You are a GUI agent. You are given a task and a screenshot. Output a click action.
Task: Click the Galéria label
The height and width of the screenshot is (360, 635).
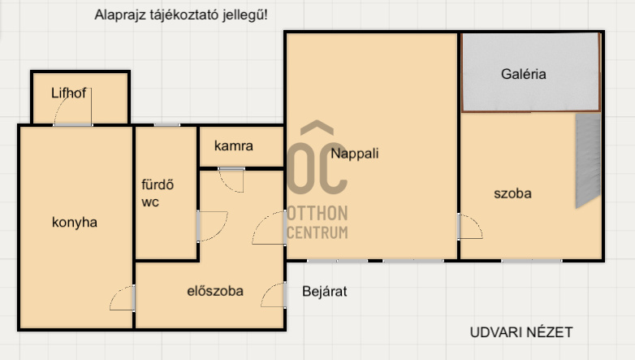tap(523, 74)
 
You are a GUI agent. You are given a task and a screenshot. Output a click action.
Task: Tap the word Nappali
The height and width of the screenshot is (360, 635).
tap(354, 154)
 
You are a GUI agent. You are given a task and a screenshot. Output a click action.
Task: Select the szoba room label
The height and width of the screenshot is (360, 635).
tap(512, 193)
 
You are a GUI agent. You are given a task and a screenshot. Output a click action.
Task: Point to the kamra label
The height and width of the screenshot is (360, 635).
tap(233, 145)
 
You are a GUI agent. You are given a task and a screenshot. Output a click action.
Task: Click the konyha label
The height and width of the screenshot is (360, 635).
tap(75, 222)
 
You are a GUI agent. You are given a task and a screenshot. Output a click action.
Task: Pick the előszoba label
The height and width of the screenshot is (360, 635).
tap(215, 291)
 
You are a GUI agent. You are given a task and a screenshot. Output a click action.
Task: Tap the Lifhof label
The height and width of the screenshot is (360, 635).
tap(68, 93)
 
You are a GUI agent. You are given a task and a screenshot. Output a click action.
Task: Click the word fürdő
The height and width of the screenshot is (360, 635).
tap(158, 184)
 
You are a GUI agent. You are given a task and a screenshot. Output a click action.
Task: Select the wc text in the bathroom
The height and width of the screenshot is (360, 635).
tap(150, 202)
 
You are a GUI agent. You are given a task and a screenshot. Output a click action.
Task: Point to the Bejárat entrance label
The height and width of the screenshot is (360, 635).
tap(324, 291)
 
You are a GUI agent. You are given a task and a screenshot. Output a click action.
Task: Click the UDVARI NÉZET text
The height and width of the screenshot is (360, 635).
tap(521, 332)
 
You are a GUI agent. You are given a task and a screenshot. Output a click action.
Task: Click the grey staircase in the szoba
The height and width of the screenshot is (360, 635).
tap(588, 161)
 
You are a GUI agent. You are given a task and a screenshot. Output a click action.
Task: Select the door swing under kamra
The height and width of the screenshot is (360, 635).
tap(231, 180)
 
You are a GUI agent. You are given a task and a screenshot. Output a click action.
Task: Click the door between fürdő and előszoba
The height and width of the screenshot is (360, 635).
tap(212, 226)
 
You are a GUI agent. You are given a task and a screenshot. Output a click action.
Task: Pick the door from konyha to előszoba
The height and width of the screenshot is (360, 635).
tap(123, 298)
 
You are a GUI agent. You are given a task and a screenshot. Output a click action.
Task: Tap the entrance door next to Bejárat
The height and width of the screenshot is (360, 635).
tap(274, 295)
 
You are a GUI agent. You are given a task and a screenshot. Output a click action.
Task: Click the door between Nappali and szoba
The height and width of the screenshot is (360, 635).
tap(470, 227)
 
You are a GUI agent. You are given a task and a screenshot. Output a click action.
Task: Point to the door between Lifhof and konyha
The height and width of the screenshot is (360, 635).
tap(73, 106)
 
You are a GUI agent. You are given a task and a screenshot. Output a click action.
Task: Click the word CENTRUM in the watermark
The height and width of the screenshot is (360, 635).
tap(317, 232)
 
